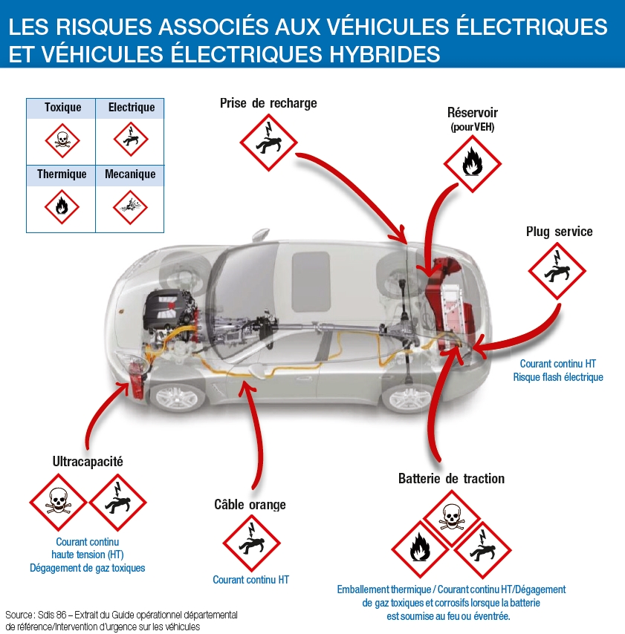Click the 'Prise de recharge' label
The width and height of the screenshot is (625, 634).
pos(268,103)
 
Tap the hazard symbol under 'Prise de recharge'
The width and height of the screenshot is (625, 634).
pos(268,143)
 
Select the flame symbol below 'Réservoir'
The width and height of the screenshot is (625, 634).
pos(472,163)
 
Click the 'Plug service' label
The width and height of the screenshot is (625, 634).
pos(559,232)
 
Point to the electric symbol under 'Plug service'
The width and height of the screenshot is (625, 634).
pos(557,272)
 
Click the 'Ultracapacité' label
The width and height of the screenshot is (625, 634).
pos(88,461)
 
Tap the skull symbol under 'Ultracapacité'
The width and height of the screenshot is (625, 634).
pos(58,502)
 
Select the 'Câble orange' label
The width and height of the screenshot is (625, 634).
pos(250,505)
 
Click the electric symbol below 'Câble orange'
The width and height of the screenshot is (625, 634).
pos(251,543)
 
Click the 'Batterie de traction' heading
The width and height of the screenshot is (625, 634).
pos(451,479)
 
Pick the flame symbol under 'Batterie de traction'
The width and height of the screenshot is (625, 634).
pos(420,549)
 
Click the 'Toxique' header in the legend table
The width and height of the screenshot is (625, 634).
pos(62,108)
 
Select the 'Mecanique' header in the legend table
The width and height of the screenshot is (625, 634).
pos(130,174)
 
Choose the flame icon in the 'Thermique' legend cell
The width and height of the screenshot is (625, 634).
pos(62,206)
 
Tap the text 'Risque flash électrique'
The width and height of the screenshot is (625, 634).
pos(557,377)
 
